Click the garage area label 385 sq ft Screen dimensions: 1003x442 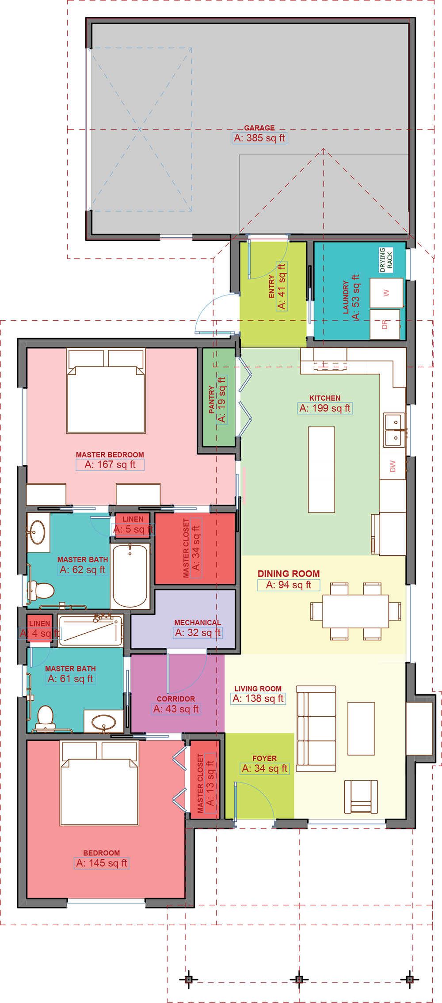pos(259,138)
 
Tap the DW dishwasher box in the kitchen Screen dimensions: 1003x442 pos(392,466)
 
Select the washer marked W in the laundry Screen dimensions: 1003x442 pos(386,293)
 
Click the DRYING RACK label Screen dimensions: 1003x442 pos(386,260)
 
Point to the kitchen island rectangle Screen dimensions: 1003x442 pos(321,469)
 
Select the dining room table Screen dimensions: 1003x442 pos(355,611)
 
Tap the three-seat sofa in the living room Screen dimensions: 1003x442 pos(316,729)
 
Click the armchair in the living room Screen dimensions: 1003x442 pos(361,796)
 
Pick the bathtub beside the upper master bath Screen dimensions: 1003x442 pos(130,576)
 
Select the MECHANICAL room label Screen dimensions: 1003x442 pos(197,623)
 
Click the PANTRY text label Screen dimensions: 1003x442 pos(211,399)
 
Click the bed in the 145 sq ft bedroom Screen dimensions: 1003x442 pos(99,785)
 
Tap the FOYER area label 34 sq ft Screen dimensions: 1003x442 pos(265,768)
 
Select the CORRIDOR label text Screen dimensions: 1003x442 pos(175,699)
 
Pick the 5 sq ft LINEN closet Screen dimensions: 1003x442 pos(133,524)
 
